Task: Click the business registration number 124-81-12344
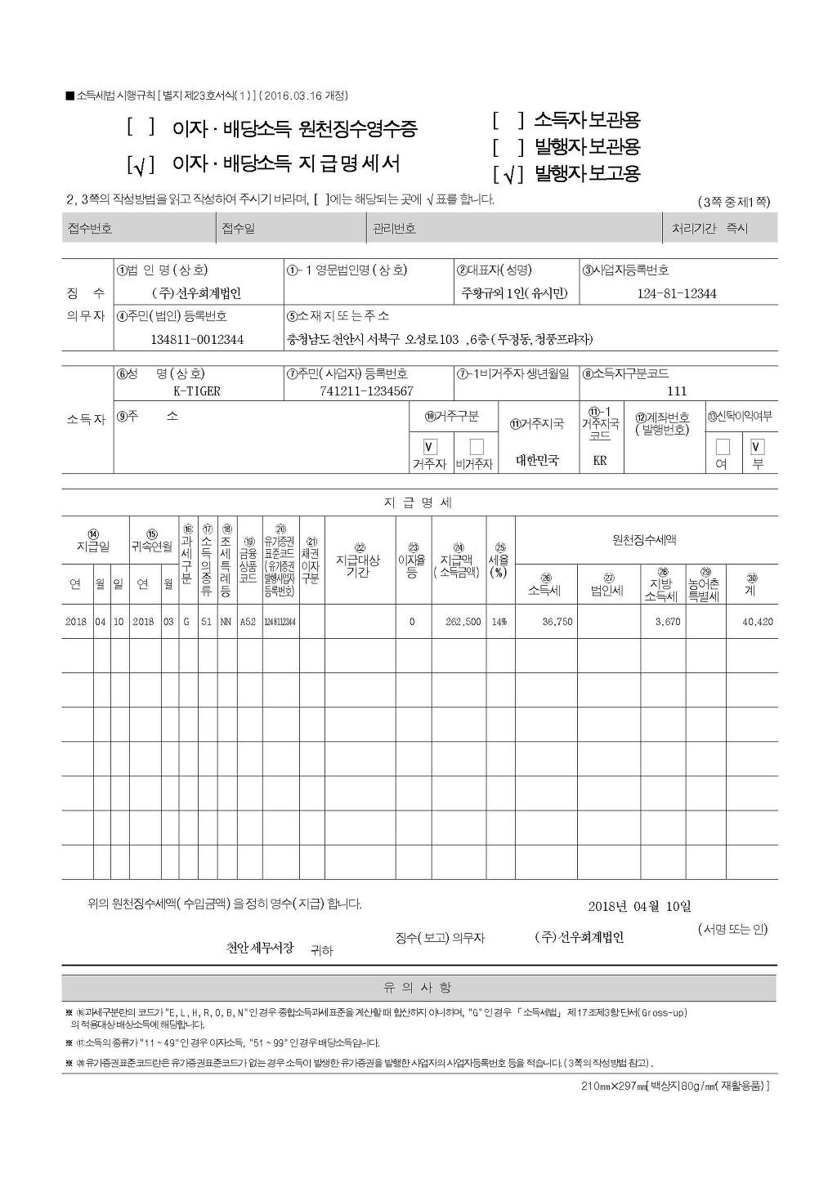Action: point(676,293)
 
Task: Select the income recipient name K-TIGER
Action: point(197,391)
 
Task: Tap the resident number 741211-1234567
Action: point(366,391)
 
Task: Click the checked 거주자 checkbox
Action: point(430,447)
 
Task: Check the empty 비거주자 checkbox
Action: point(477,447)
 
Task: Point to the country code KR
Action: point(600,461)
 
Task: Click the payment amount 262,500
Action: point(463,622)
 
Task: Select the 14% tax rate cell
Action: point(499,622)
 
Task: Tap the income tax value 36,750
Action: point(557,622)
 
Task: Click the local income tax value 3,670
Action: point(667,622)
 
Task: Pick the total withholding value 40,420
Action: point(757,622)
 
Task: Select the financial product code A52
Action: point(248,622)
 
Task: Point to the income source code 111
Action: point(677,391)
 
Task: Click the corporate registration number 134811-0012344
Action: point(197,339)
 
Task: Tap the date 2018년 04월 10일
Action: point(639,906)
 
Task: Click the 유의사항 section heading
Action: point(418,988)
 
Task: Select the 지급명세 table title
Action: point(418,502)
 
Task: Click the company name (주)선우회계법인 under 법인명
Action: point(197,293)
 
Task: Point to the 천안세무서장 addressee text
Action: point(260,949)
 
